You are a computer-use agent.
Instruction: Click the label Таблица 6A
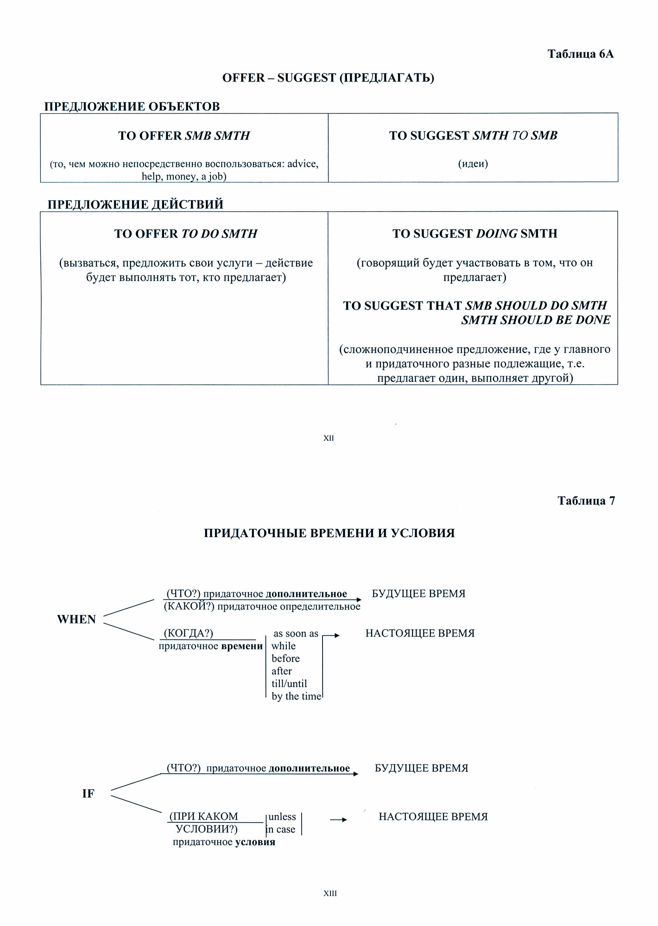tap(580, 54)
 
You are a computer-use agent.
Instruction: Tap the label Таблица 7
tap(586, 501)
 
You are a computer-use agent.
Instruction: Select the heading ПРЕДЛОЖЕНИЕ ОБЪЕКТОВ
tap(132, 106)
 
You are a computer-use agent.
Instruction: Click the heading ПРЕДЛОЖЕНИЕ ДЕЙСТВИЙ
tap(135, 205)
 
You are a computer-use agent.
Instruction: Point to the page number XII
tap(329, 438)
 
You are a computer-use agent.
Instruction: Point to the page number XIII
tap(330, 894)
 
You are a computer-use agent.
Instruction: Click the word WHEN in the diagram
tap(76, 619)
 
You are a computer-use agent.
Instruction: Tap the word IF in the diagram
tap(88, 794)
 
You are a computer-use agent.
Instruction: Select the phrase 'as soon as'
tap(296, 634)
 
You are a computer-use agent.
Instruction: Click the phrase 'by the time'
tap(296, 696)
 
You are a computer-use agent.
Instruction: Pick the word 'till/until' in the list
tap(289, 684)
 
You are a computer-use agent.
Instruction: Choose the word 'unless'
tap(282, 817)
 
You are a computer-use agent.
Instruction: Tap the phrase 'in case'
tap(281, 829)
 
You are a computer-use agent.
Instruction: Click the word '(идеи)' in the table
tap(473, 163)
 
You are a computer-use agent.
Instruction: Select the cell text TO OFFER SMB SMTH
tap(184, 136)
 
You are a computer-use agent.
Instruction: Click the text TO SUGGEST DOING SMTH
tap(475, 234)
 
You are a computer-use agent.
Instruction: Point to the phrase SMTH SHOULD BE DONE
tap(536, 320)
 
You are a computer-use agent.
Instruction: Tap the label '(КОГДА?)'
tap(189, 633)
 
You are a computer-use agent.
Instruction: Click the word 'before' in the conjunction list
tap(285, 659)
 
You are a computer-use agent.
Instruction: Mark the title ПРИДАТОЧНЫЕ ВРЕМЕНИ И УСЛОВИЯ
tap(329, 533)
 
